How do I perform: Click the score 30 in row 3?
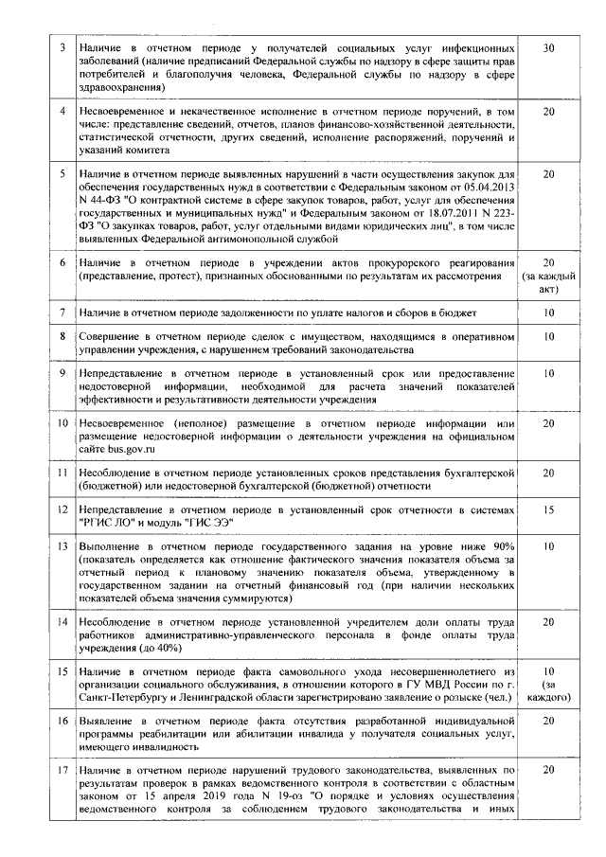548,47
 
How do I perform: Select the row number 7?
62,312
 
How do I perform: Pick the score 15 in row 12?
548,509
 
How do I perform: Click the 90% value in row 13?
502,547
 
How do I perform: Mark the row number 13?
62,547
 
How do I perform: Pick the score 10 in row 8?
548,337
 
